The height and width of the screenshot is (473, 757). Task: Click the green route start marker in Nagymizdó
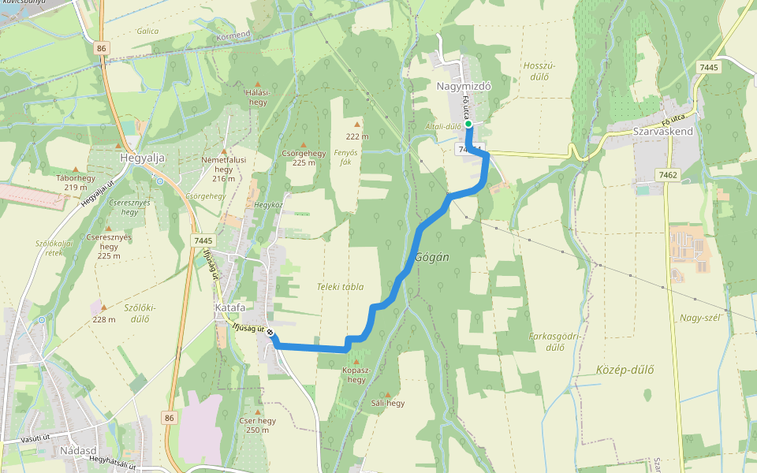coord(468,124)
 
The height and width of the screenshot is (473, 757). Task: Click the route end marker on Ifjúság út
coord(270,333)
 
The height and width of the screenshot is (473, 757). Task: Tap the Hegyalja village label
coord(142,158)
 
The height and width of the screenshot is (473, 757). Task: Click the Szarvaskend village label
coord(662,132)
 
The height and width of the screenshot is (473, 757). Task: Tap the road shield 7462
coord(668,175)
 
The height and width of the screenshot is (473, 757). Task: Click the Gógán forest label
coord(431,258)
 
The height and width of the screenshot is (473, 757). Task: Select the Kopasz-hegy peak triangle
coord(356,362)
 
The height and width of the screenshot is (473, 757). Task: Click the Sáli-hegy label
coord(387,403)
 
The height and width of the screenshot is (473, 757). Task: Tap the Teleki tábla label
coord(341,287)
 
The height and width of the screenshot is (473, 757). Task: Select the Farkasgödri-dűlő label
coord(555,341)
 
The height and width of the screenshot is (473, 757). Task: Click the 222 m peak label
coord(357,136)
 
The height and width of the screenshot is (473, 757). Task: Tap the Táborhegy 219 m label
coord(76,182)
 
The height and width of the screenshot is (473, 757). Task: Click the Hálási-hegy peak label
coord(258,97)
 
